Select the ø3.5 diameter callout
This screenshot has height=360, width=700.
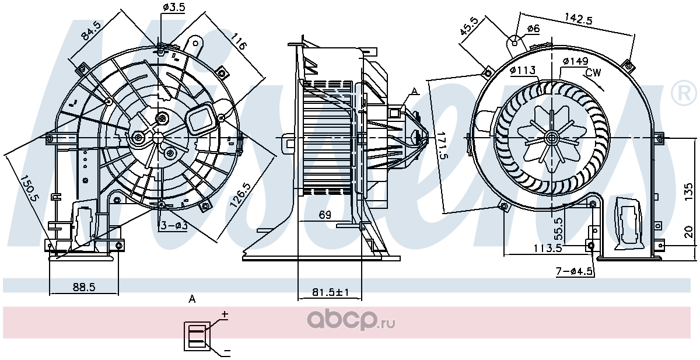pyautogui.click(x=174, y=7)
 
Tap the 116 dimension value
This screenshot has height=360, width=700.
pyautogui.click(x=239, y=41)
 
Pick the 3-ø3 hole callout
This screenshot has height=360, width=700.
pyautogui.click(x=174, y=225)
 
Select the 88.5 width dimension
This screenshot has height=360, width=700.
pyautogui.click(x=84, y=286)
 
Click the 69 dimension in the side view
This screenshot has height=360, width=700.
pyautogui.click(x=325, y=215)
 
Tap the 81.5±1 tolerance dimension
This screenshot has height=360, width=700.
pyautogui.click(x=330, y=292)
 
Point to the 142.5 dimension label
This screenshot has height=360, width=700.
pyautogui.click(x=579, y=20)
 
